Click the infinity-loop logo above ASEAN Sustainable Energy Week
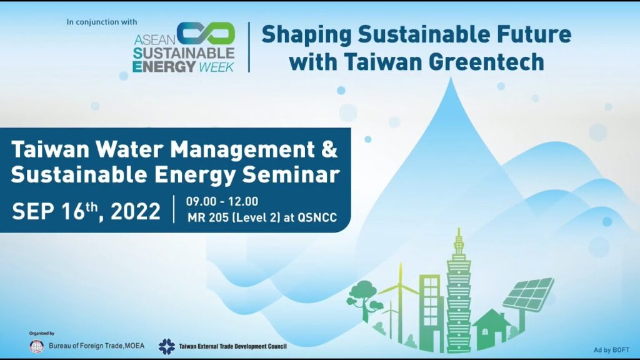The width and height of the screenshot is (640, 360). (206, 33)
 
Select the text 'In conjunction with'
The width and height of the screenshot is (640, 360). (102, 22)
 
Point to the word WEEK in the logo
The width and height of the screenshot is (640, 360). (216, 67)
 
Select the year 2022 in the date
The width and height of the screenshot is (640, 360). (136, 211)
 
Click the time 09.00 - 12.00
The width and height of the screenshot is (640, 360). (222, 201)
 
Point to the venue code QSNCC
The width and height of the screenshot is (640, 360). (317, 217)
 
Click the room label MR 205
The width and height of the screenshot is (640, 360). (208, 217)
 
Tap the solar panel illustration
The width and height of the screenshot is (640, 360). (527, 295)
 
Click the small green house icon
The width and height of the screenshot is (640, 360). (491, 329)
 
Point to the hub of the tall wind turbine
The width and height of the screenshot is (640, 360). (401, 286)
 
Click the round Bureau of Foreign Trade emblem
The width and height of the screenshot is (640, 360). (37, 346)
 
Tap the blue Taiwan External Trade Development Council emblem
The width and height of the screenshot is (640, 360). (166, 346)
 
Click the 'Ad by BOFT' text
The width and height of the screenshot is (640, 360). (611, 350)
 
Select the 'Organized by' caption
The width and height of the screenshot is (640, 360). (42, 334)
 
